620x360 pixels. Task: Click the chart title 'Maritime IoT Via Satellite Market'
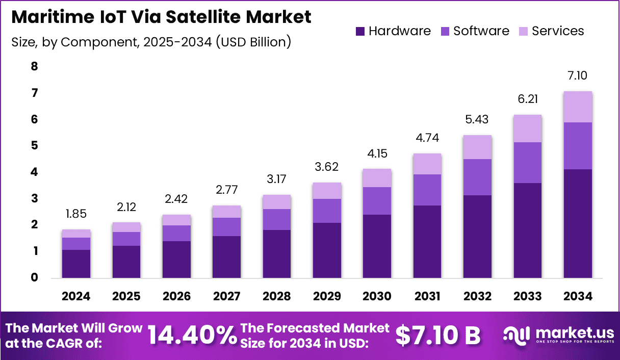pyautogui.click(x=161, y=17)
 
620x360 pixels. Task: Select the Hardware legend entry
pyautogui.click(x=393, y=31)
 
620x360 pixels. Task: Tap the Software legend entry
pyautogui.click(x=475, y=31)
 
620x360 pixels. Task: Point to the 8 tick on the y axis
pyautogui.click(x=34, y=66)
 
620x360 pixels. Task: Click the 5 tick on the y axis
pyautogui.click(x=34, y=146)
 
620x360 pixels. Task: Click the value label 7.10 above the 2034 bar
pyautogui.click(x=577, y=76)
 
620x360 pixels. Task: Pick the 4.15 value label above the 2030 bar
pyautogui.click(x=377, y=153)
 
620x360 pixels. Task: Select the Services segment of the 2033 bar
pyautogui.click(x=527, y=128)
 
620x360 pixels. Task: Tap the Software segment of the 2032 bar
pyautogui.click(x=477, y=177)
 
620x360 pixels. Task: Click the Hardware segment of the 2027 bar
pyautogui.click(x=226, y=256)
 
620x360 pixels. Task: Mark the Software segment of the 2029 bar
pyautogui.click(x=327, y=211)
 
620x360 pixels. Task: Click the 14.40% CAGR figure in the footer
pyautogui.click(x=192, y=336)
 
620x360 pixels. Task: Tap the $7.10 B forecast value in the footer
pyautogui.click(x=438, y=336)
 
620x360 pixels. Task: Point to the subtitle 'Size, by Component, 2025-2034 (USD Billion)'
pyautogui.click(x=151, y=42)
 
